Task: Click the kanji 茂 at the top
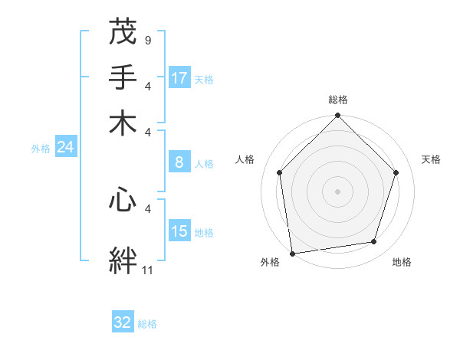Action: (x=123, y=33)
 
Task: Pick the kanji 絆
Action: (x=123, y=260)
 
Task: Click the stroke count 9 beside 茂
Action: (x=147, y=39)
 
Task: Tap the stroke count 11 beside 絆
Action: (x=148, y=270)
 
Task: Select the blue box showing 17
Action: (x=179, y=78)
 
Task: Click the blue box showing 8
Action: (x=179, y=162)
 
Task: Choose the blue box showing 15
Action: (x=179, y=231)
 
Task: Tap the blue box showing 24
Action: (x=65, y=147)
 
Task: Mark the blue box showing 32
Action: (x=123, y=322)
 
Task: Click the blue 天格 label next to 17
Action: (x=204, y=80)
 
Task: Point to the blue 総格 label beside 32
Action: (x=147, y=324)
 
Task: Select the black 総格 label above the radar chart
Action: (x=338, y=100)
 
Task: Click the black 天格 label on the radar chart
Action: (x=431, y=159)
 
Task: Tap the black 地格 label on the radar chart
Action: (x=402, y=263)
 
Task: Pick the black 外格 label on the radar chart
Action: (x=270, y=263)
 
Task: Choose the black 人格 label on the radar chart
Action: (x=245, y=159)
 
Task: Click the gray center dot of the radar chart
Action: (x=337, y=191)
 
